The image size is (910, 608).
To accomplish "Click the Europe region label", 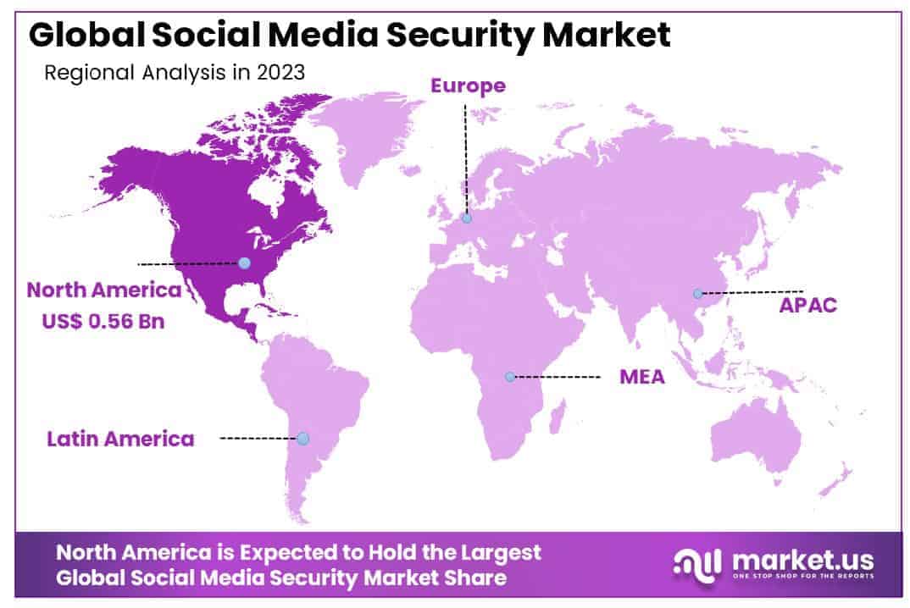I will pyautogui.click(x=468, y=86).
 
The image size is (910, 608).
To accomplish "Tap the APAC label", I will pyautogui.click(x=807, y=305).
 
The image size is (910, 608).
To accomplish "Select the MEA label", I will pyautogui.click(x=642, y=377).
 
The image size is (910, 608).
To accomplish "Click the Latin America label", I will pyautogui.click(x=120, y=439).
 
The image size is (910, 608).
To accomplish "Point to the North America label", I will pyautogui.click(x=103, y=290).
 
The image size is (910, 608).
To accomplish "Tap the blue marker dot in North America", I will pyautogui.click(x=244, y=263).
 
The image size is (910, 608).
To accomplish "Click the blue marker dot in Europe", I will pyautogui.click(x=466, y=218).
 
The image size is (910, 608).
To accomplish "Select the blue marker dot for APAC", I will pyautogui.click(x=697, y=294).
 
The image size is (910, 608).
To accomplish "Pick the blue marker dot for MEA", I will pyautogui.click(x=510, y=376).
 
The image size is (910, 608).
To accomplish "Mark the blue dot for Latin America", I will pyautogui.click(x=302, y=439).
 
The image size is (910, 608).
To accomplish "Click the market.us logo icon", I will pyautogui.click(x=697, y=563).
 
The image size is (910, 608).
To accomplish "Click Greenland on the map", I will pyautogui.click(x=364, y=135).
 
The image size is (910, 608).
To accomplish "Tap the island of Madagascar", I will pyautogui.click(x=558, y=416).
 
